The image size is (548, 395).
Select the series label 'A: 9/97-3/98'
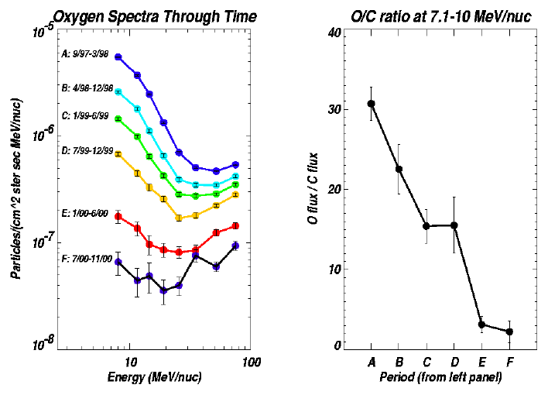[87, 54]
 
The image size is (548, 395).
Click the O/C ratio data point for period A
[372, 103]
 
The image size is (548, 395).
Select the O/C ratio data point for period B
[399, 169]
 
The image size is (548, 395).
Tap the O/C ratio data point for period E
[481, 325]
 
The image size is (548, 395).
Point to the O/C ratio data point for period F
[509, 331]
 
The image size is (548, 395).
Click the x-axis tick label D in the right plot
[454, 362]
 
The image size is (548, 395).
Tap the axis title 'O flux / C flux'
[313, 188]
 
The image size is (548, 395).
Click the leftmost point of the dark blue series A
[118, 57]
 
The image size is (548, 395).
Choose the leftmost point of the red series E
[118, 217]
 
